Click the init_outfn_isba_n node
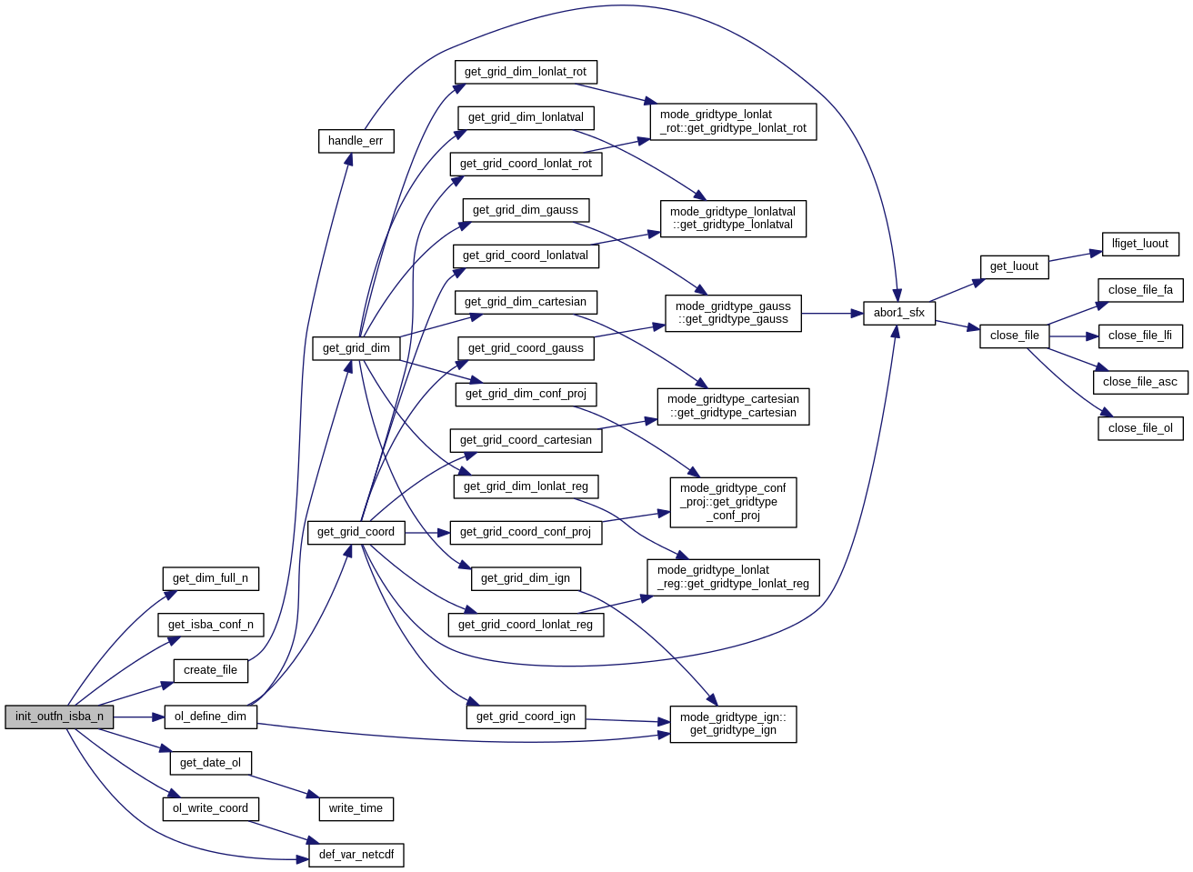59,717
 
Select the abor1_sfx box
898,313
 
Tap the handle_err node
356,141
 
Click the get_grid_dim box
356,348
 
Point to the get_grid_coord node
356,532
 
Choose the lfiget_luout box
1140,244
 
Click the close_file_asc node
1139,382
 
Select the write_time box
356,808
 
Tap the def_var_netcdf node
356,855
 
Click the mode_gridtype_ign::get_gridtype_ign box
733,724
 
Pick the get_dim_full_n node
210,578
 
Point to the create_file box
210,670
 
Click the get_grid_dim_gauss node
525,210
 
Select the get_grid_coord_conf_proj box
525,532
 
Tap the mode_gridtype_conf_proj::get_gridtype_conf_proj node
733,502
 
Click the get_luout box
1014,266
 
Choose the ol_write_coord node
210,808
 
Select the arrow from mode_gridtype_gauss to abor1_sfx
832,314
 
